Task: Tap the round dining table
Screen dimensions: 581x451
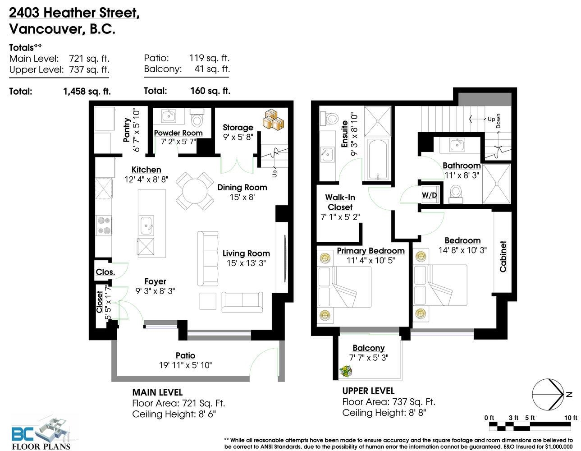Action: point(195,191)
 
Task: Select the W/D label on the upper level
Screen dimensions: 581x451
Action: point(429,195)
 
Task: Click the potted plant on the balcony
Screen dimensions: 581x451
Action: point(345,371)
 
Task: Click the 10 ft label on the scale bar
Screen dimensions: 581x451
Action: point(571,418)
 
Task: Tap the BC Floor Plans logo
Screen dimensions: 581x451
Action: point(41,433)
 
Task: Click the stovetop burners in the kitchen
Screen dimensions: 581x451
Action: point(104,225)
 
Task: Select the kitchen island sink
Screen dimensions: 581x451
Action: point(146,225)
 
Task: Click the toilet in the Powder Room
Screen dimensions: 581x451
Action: point(197,117)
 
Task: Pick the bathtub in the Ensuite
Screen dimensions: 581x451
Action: point(378,159)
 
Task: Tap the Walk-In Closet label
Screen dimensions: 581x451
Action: point(340,202)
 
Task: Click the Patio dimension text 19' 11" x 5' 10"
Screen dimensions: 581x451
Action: point(185,365)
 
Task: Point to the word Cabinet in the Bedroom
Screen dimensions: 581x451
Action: point(503,257)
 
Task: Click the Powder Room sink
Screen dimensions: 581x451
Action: point(169,116)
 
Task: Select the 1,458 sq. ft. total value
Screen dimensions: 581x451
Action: point(87,91)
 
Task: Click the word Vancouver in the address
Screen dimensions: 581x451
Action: point(47,29)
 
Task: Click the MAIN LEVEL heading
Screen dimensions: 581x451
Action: point(157,392)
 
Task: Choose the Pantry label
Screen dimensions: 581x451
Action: point(127,130)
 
